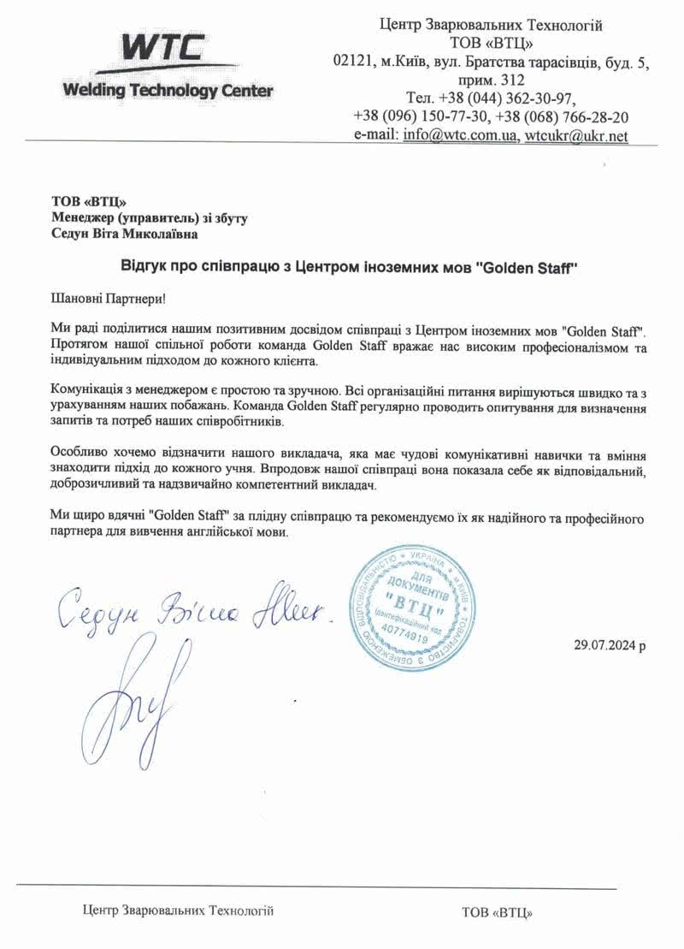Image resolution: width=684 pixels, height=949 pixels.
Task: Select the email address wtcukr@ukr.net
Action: point(576,135)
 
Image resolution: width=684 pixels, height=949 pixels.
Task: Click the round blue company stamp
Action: point(414,614)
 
